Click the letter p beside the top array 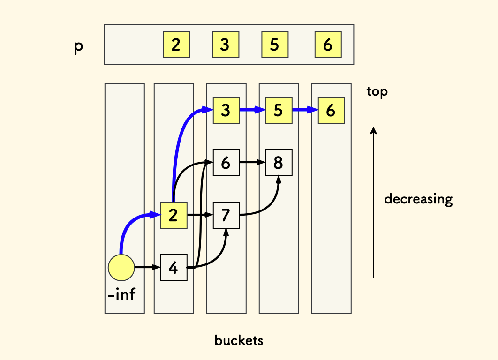(x=78, y=48)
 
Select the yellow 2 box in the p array (x=176, y=45)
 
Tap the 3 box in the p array (x=225, y=45)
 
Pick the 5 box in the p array (x=275, y=45)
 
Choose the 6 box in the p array (x=328, y=45)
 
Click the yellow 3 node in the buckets (x=226, y=110)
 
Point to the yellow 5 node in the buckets (x=279, y=110)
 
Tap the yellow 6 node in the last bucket (x=331, y=110)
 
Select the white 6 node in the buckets (x=226, y=163)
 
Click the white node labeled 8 (x=279, y=163)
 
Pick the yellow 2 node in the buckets (x=174, y=215)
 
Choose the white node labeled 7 (x=226, y=215)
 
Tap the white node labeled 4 (x=174, y=268)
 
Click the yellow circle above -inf (x=121, y=268)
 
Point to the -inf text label (x=121, y=295)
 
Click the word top (x=377, y=92)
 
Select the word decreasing (x=418, y=199)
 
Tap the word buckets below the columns (x=239, y=340)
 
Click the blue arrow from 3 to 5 (x=252, y=110)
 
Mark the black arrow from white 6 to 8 (x=252, y=163)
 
